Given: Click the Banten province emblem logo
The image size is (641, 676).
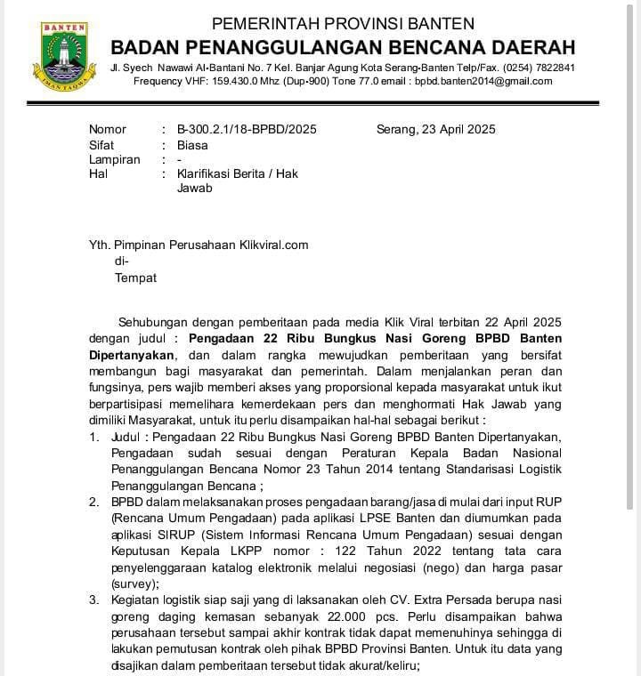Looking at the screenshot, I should coord(62,55).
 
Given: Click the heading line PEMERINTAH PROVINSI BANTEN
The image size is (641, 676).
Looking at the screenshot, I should coord(342,24).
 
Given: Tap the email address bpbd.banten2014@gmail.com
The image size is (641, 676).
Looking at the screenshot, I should coord(483,81).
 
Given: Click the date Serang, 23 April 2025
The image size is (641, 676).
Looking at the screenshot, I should coord(436,129).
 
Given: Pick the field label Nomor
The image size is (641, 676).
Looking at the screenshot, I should coord(108,129).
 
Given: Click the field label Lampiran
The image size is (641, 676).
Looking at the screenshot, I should coord(115,159).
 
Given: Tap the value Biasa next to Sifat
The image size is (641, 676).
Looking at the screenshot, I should coord(192,144).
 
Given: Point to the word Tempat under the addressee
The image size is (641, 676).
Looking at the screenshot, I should coord(135,278).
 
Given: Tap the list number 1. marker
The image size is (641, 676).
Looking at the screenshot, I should coord(94,438).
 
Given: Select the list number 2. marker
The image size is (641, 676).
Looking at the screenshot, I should coord(94,503).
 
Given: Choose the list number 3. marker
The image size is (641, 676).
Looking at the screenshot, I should coord(94,600).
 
